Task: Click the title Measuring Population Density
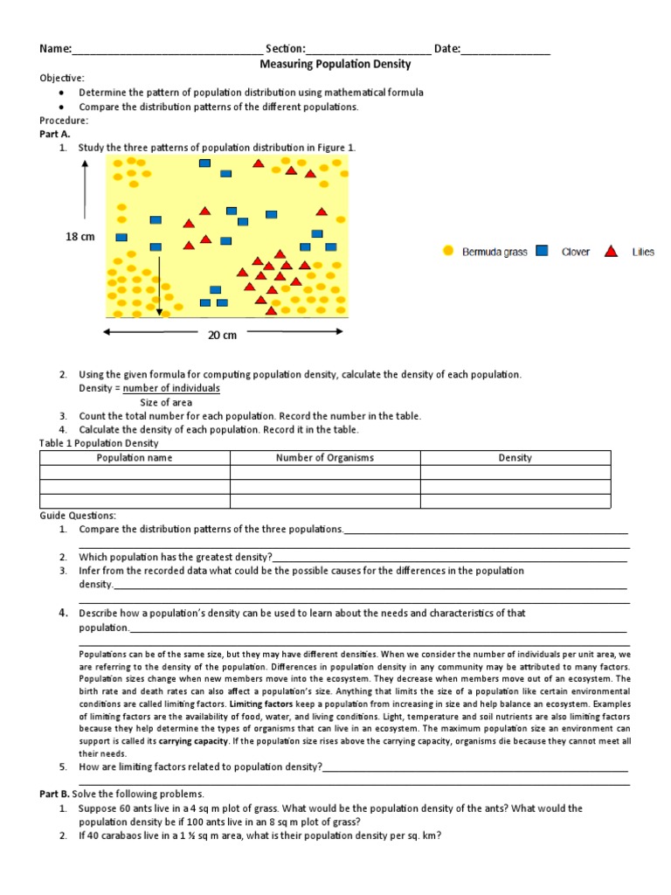tap(335, 64)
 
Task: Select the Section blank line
tap(368, 51)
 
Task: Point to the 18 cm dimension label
tap(80, 237)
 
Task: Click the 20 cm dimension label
tap(222, 334)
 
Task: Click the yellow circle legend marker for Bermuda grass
tap(448, 251)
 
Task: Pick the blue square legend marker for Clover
tap(542, 251)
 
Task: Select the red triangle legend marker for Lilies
tap(612, 251)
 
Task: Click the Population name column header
tap(135, 457)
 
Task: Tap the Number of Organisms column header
tap(325, 457)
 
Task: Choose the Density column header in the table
tap(515, 457)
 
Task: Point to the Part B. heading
tap(54, 794)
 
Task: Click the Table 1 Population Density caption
tap(99, 443)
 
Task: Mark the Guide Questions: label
tap(78, 516)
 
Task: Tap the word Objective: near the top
tap(62, 78)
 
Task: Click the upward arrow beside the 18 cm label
tap(85, 192)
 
